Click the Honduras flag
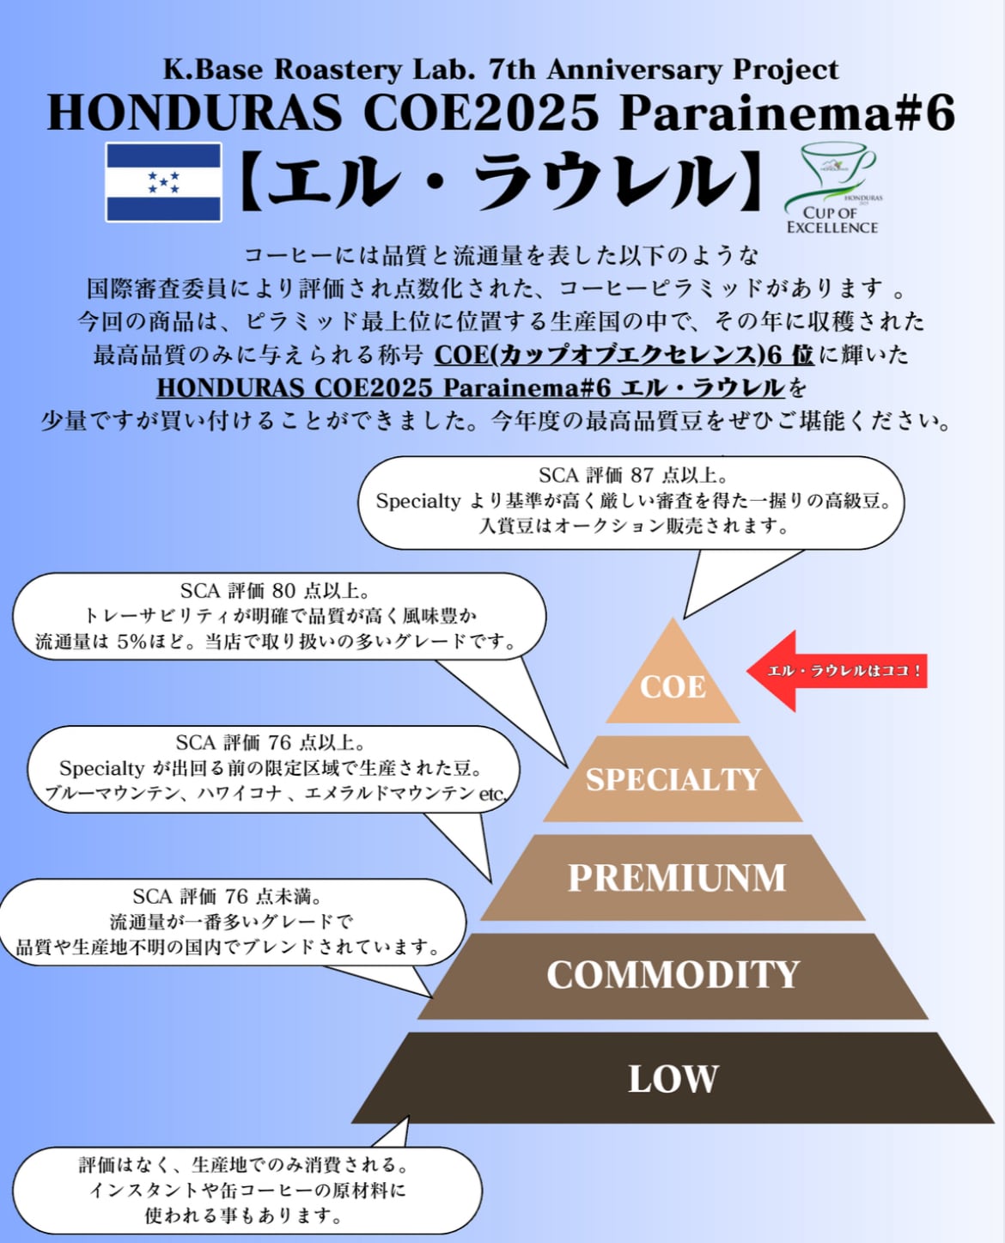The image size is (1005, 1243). pos(163,182)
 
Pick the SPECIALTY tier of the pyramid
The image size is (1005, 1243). pos(673,779)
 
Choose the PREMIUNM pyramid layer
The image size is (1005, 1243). pos(676,878)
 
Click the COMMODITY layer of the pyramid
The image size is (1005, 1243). pos(673,975)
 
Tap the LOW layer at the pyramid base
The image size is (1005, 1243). pos(673,1079)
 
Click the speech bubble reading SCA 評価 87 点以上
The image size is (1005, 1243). pos(631,501)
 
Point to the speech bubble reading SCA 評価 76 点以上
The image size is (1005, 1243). pos(273,768)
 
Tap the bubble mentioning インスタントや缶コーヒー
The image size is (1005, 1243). pos(247,1190)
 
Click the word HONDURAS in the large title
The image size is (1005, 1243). pos(194,113)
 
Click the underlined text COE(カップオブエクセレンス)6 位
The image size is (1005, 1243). pos(624,355)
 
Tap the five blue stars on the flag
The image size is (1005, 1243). pos(163,181)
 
